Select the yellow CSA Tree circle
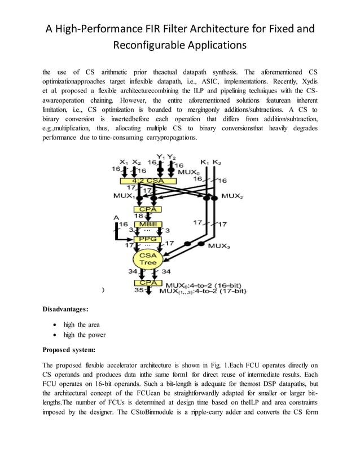pos(148,259)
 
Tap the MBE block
pos(144,224)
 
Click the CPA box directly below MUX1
pos(144,209)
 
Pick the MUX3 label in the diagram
pos(219,246)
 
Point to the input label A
pos(117,217)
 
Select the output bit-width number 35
pos(138,291)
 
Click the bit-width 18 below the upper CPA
pos(138,216)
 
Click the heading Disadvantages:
pos(65,309)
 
